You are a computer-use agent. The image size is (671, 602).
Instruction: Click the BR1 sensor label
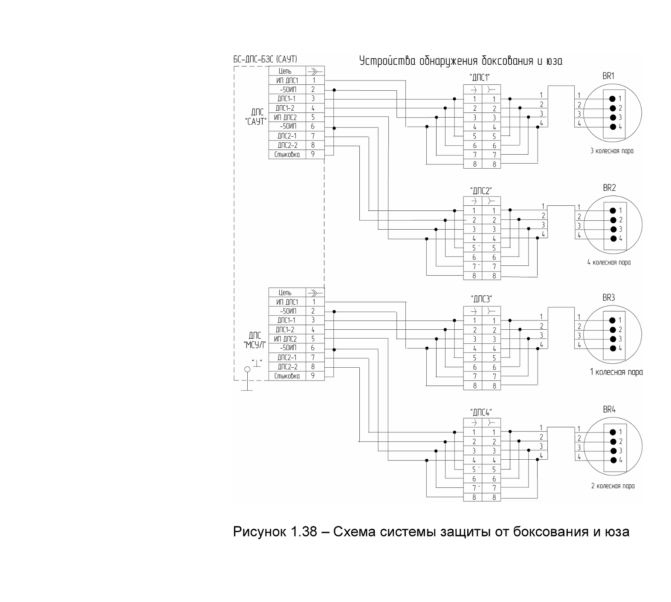(608, 77)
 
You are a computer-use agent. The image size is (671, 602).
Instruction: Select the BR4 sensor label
(609, 410)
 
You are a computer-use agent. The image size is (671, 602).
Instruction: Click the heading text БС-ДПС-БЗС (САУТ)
(265, 59)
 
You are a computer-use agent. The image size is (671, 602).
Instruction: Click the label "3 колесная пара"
(611, 151)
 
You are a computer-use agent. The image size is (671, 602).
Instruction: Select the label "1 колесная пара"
(616, 372)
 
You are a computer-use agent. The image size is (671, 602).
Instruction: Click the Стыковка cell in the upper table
(287, 155)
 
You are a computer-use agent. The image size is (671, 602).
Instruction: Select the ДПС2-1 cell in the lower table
(287, 357)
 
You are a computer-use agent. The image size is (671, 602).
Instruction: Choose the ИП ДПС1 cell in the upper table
(287, 81)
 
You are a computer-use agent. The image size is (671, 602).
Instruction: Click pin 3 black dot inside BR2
(613, 229)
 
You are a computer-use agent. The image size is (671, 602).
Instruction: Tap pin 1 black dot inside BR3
(613, 320)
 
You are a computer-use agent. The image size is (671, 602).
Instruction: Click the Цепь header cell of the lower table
(287, 293)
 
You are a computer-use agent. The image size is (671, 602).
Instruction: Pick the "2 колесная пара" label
(613, 486)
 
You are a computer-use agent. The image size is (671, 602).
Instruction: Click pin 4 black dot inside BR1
(613, 127)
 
